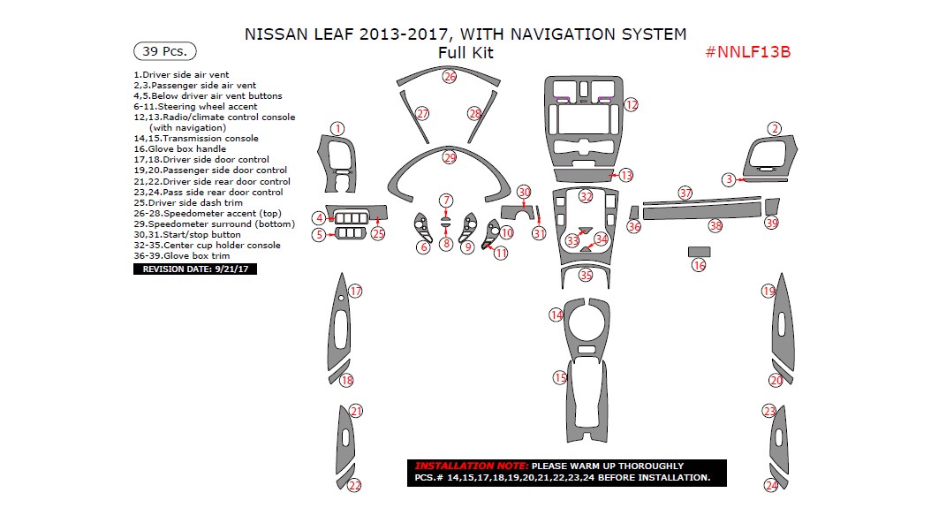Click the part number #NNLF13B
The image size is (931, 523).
(x=747, y=51)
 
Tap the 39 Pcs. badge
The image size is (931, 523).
(x=164, y=51)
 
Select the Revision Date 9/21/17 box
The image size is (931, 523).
(x=195, y=269)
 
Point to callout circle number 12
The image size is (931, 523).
(x=631, y=104)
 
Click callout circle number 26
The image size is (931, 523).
(x=450, y=77)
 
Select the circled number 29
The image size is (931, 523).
(x=450, y=157)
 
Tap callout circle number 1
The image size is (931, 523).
(x=337, y=129)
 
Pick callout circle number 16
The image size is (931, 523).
(x=699, y=265)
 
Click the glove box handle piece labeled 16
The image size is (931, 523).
(x=699, y=251)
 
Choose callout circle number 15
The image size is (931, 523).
(x=560, y=378)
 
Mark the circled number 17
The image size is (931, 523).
(x=355, y=291)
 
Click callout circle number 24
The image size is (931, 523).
(x=771, y=485)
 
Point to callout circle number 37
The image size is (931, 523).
(x=685, y=193)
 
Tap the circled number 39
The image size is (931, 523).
(x=771, y=224)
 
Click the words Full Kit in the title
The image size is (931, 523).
(x=465, y=53)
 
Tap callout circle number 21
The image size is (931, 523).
(x=355, y=411)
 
